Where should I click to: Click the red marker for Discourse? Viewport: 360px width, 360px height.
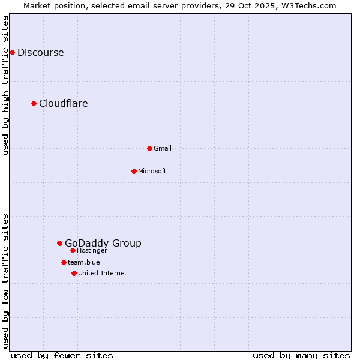[12, 52]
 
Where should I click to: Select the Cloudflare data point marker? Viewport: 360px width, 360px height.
[34, 103]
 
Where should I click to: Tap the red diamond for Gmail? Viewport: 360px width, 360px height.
[149, 148]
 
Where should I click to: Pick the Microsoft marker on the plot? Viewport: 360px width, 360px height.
[134, 171]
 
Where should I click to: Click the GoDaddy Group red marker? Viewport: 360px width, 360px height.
[59, 243]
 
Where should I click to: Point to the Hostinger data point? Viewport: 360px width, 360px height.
[73, 250]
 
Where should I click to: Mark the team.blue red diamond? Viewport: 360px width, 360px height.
[64, 262]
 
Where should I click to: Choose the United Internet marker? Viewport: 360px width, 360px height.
[74, 273]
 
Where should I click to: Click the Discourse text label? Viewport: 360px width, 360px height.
[40, 52]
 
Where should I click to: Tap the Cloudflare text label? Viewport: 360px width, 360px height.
[63, 103]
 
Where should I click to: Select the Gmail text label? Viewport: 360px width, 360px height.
[162, 148]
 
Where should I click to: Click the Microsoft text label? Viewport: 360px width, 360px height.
[152, 171]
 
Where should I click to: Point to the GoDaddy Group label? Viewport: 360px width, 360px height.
[103, 243]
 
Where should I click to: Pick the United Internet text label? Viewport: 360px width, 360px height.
[102, 273]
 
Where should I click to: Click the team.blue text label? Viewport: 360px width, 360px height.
[83, 262]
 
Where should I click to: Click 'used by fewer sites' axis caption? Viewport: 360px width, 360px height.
[62, 355]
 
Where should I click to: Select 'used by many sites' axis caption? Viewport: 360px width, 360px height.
[301, 355]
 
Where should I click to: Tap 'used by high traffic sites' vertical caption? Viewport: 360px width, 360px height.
[6, 85]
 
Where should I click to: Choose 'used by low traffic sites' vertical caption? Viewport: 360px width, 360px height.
[6, 281]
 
